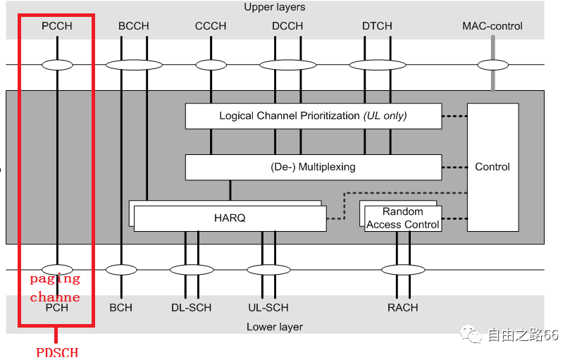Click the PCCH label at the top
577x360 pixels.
[57, 26]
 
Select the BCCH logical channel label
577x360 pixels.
[134, 26]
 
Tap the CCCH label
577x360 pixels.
[211, 26]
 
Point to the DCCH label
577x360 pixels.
[287, 26]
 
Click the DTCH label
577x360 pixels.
[377, 26]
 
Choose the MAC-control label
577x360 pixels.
[492, 26]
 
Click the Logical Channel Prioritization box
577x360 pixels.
[314, 116]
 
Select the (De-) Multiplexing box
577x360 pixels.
[314, 167]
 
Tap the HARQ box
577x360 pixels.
[230, 218]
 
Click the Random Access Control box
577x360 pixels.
[403, 218]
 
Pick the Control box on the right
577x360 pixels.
[492, 167]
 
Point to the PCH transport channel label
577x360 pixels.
[57, 308]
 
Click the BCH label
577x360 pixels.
[121, 308]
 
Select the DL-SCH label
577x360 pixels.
[192, 308]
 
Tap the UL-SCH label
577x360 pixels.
[268, 308]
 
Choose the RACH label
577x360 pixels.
[403, 308]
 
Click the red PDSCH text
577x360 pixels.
[57, 352]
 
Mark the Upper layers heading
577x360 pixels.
[275, 7]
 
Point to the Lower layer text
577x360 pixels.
[275, 327]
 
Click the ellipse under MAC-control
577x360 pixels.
[492, 65]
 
